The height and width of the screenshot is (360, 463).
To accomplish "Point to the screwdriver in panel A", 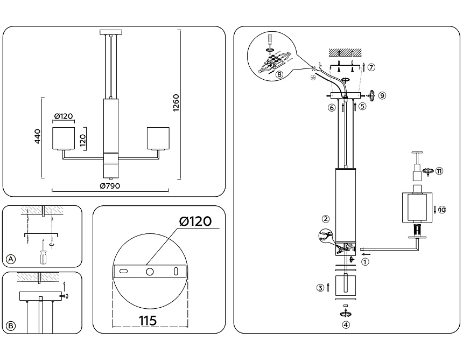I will pos(42,251).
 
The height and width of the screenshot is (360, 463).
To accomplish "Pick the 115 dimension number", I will pos(148,321).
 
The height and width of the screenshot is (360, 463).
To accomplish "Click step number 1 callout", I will pos(366,262).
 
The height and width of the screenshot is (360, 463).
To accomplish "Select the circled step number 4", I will pos(346,325).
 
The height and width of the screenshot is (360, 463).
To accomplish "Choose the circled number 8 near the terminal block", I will pos(279,74).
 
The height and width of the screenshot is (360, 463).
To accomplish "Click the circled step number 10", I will pos(442,210).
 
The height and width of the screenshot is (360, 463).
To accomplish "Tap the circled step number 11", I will pos(439,171).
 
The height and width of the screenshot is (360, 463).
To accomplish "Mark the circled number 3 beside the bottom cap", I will pos(320,288).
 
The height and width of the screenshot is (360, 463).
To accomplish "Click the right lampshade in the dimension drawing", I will pos(158,138).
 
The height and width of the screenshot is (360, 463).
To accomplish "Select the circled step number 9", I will pos(382,95).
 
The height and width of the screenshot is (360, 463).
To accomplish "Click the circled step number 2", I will pos(325,219).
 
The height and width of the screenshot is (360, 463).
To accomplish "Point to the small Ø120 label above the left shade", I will pos(64,116).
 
